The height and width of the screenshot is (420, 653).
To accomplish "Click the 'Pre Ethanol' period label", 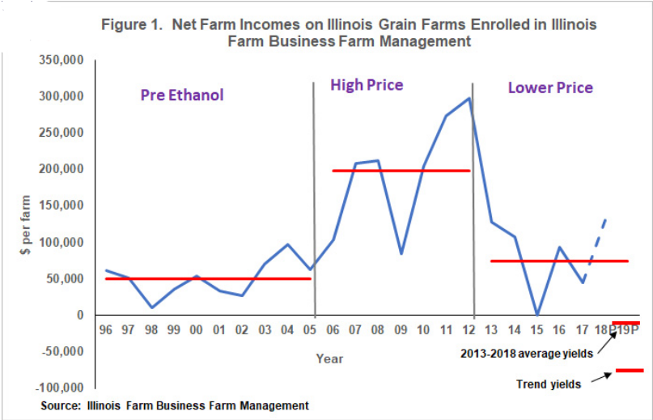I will [181, 95].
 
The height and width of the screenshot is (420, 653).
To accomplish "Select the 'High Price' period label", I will [367, 85].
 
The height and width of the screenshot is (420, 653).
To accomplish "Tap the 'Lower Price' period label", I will [550, 87].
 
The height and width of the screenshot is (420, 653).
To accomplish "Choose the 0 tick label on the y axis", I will [80, 315].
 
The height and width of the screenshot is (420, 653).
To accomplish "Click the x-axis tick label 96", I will [106, 331].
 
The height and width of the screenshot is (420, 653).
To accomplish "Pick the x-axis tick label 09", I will [400, 331].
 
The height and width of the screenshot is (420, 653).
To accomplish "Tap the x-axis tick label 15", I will [536, 331].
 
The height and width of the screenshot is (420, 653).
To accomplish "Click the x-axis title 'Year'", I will [329, 358].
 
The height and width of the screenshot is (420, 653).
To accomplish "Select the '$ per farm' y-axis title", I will [27, 226].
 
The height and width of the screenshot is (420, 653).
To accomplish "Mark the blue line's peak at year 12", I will [469, 99].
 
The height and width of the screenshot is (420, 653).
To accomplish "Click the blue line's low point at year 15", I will [537, 314].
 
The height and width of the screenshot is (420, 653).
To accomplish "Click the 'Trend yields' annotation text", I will [548, 384].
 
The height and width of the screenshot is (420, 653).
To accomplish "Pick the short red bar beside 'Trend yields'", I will [629, 370].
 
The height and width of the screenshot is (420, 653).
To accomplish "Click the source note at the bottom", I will [175, 405].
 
